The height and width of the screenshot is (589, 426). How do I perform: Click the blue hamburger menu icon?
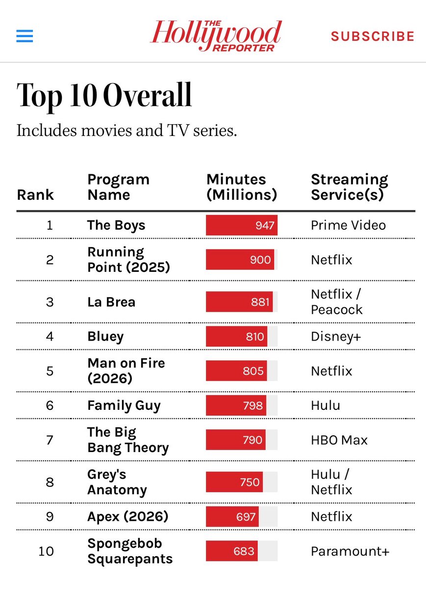coord(25,36)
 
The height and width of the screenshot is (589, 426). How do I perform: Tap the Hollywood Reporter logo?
coord(216,36)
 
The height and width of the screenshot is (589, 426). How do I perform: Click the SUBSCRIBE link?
coord(373,36)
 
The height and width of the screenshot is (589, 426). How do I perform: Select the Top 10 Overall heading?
coord(104,96)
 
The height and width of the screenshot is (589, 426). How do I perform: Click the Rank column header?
coord(35,195)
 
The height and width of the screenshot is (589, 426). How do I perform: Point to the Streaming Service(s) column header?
coord(350,187)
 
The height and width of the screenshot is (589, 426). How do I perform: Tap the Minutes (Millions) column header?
coord(242,187)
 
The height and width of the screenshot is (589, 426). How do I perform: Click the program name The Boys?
coord(116,225)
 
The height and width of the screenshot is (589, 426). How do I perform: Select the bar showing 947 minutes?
coord(242,225)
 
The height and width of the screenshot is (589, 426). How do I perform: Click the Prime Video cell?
coord(348,225)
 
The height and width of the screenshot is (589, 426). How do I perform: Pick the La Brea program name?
coord(111,302)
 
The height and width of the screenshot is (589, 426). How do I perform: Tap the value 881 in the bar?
coord(260,302)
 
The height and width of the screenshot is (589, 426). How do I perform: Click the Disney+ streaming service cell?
coord(336,337)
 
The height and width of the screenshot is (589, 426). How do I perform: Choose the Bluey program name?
coord(105,337)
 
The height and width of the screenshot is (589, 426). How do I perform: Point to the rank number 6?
coord(50,405)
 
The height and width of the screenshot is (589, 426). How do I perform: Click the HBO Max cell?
coord(339,440)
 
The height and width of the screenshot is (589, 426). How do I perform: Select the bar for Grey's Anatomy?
coord(234,482)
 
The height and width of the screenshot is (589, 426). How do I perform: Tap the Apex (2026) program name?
coord(127,516)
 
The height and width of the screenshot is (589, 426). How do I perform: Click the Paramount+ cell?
coord(350,551)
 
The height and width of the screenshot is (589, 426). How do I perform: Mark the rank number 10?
coord(46,551)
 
